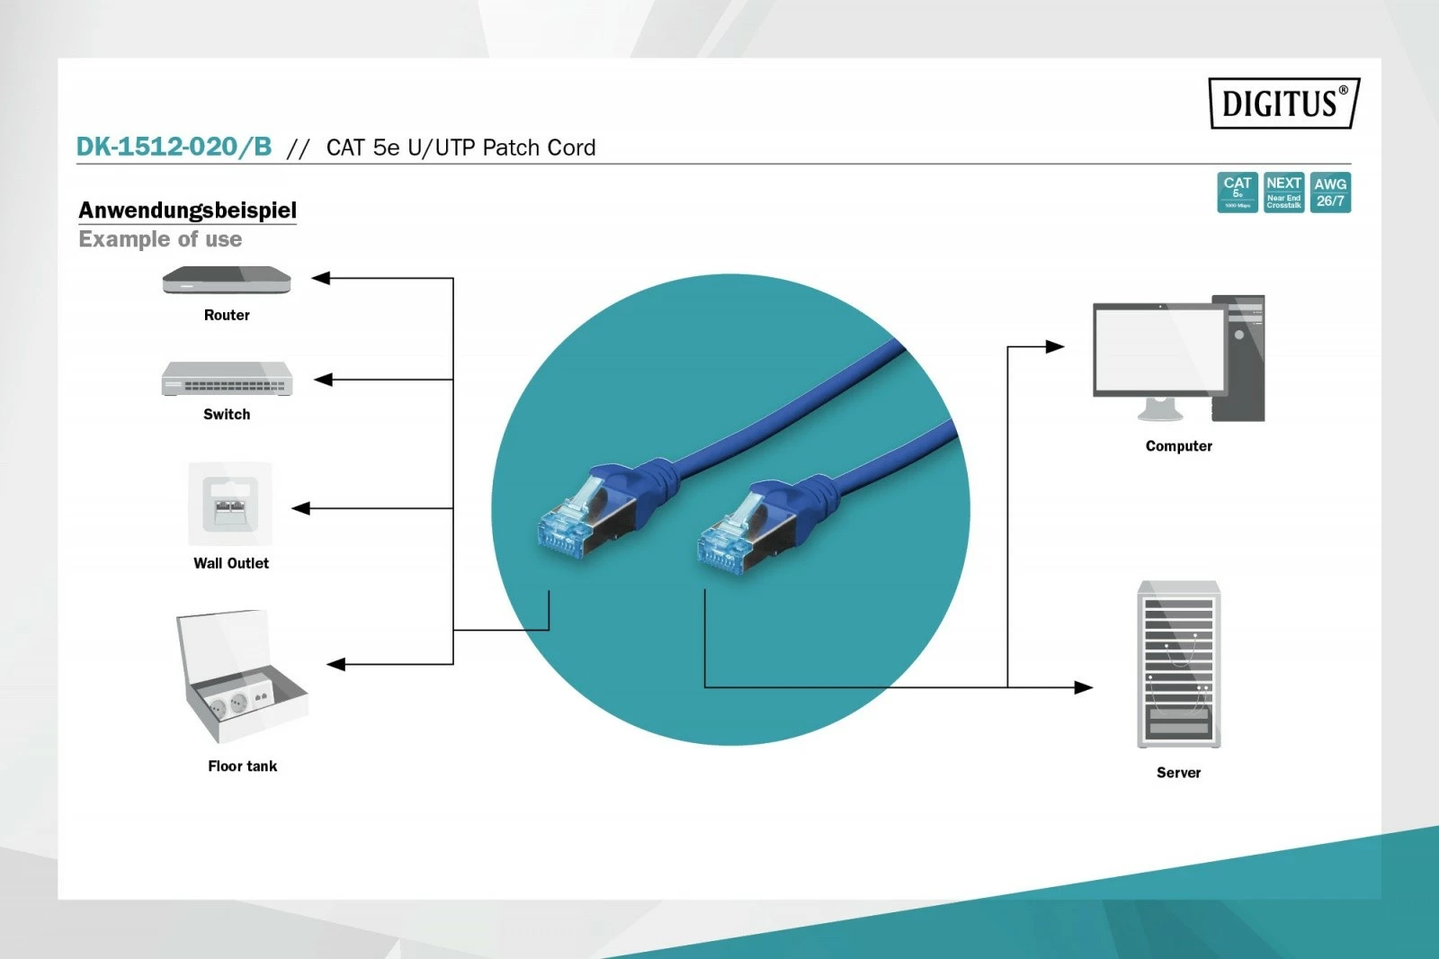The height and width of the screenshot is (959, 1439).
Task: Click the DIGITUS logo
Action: [1283, 103]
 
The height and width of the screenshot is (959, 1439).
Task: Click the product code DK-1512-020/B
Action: [174, 147]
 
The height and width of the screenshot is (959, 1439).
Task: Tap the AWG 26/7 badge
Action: [1330, 193]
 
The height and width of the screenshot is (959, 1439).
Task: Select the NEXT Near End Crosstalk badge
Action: [1283, 193]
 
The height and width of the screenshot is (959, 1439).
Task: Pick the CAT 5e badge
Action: [1238, 193]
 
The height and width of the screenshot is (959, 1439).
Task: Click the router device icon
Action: [227, 281]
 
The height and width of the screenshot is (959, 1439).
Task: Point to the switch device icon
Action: [227, 379]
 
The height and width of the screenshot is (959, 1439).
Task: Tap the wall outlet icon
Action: [230, 504]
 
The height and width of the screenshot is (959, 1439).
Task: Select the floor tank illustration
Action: [241, 675]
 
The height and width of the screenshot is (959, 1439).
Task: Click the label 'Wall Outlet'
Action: [231, 563]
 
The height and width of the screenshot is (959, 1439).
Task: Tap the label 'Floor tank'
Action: [242, 766]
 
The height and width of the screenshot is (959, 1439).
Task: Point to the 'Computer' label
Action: [1178, 446]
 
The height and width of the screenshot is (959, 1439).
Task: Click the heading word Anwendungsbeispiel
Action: [187, 211]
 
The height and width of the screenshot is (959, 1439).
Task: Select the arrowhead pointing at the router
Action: [321, 279]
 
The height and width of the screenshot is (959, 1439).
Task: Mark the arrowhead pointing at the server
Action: [1084, 687]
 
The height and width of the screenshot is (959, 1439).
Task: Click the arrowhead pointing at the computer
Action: [1055, 346]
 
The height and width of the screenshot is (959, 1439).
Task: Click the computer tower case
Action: [1238, 358]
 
